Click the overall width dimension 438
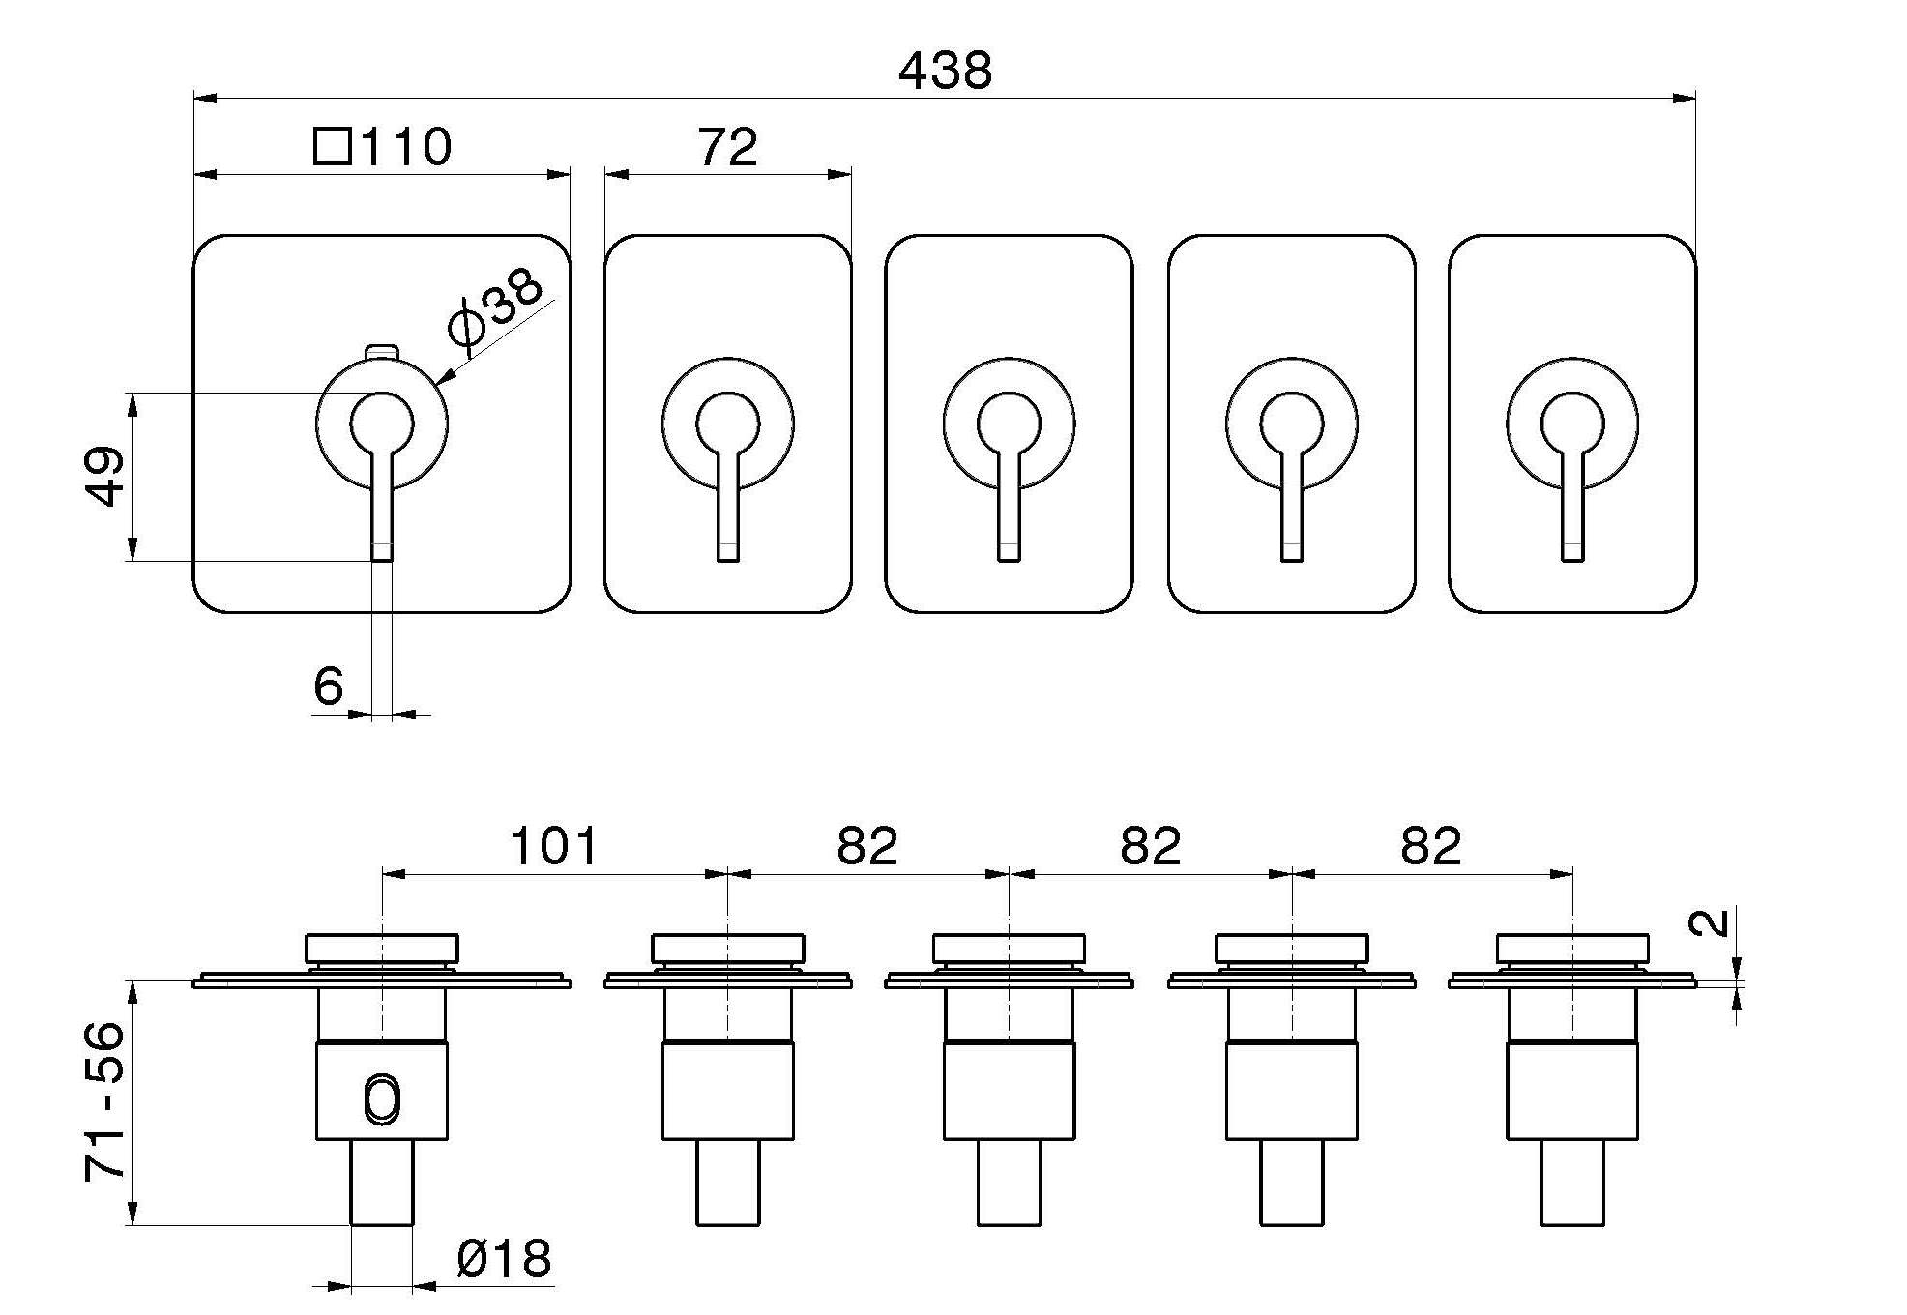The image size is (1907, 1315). click(x=945, y=72)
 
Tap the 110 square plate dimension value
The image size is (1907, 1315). click(x=406, y=147)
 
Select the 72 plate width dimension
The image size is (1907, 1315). click(x=727, y=148)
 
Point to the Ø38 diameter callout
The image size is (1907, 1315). click(x=494, y=308)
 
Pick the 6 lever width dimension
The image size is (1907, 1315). click(x=329, y=687)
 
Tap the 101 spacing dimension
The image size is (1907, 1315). click(x=554, y=846)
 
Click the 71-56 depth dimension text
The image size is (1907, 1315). click(x=104, y=1100)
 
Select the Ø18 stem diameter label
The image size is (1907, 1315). click(x=503, y=1259)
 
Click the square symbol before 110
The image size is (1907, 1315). click(x=333, y=148)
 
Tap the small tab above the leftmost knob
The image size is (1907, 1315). click(x=382, y=350)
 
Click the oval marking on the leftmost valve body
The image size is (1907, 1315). click(x=382, y=1100)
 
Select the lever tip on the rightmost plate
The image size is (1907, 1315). click(x=1572, y=551)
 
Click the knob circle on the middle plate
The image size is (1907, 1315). click(x=1009, y=424)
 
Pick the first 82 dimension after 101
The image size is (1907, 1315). click(x=867, y=846)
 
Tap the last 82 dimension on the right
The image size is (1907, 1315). click(x=1430, y=846)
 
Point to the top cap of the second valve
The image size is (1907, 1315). click(x=727, y=947)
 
